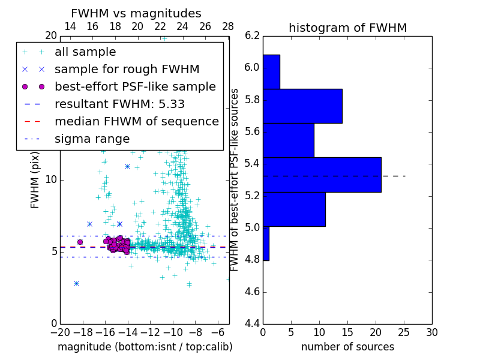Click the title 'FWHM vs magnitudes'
[136, 13]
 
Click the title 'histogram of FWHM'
[347, 28]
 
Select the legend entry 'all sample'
[85, 52]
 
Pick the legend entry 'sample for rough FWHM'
[127, 69]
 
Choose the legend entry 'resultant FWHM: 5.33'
[119, 104]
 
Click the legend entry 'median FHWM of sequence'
[136, 121]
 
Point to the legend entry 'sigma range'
[92, 139]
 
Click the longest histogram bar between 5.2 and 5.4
[322, 175]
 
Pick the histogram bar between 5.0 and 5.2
[294, 209]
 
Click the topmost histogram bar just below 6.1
[271, 71]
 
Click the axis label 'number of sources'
[347, 347]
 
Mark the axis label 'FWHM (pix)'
[35, 179]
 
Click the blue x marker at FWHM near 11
[127, 166]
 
